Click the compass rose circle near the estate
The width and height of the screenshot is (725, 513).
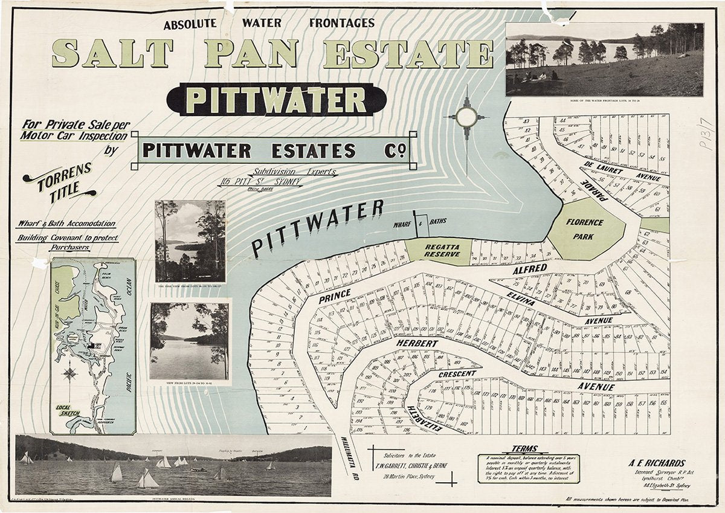point(466,117)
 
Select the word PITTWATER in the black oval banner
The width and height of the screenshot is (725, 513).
point(275,100)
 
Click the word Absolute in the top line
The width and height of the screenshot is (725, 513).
point(189,24)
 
